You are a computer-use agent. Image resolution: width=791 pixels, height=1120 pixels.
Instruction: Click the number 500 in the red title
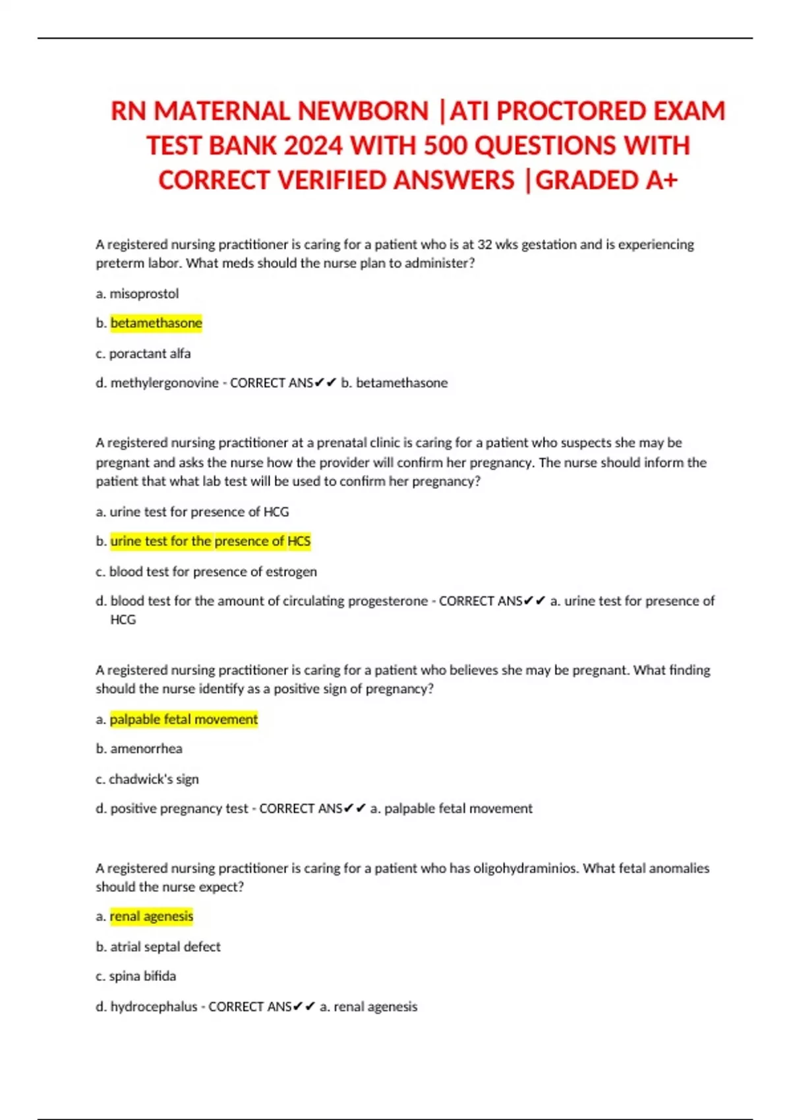445,146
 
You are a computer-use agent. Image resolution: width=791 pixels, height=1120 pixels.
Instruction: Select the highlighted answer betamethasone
156,323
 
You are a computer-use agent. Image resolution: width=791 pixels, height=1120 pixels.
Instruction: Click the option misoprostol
144,294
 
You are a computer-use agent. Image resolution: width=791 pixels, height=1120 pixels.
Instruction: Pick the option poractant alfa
150,353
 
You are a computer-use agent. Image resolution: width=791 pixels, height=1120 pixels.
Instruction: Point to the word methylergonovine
164,383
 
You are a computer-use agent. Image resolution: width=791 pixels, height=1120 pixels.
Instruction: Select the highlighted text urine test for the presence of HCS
210,541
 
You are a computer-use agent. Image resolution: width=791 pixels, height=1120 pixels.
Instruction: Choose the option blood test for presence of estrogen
212,571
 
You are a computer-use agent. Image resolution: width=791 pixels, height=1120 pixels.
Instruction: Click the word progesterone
388,601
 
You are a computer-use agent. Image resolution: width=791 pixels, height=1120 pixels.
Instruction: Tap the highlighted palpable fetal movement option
183,719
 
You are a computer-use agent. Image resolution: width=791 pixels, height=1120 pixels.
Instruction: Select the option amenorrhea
146,748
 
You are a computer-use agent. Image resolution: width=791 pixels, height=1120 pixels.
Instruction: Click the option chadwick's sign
154,779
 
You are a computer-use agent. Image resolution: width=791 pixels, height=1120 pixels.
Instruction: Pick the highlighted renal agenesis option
151,916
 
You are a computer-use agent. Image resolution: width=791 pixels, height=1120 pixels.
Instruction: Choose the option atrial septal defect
165,946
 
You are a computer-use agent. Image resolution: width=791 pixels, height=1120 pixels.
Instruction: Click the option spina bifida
142,976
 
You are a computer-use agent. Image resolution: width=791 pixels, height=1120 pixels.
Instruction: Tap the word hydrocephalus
154,1006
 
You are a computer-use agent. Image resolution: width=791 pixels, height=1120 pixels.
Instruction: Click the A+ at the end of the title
661,181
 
